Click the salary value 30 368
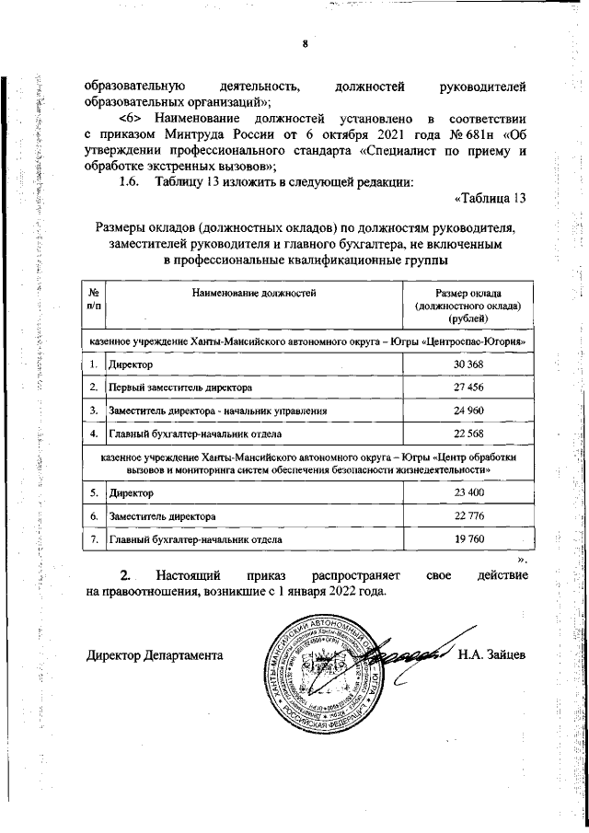(468, 365)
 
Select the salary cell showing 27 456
(468, 388)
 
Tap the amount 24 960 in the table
(468, 410)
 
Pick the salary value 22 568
(468, 433)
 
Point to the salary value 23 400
(468, 494)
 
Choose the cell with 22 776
(468, 517)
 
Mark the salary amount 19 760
(468, 539)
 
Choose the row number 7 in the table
(94, 539)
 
